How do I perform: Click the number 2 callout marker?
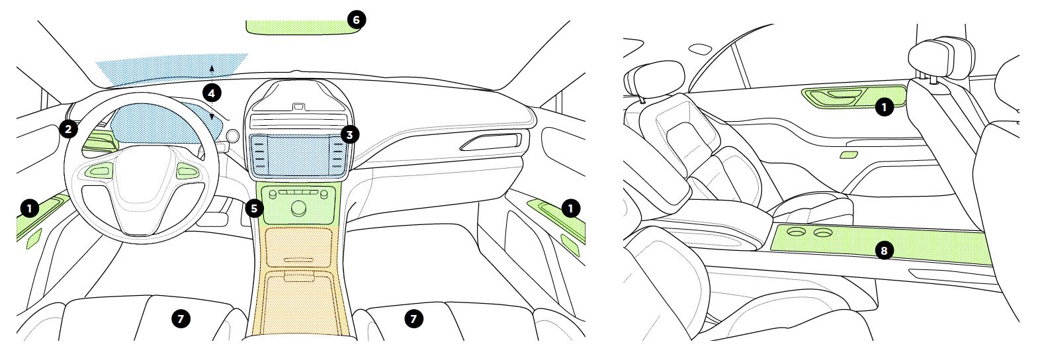(68, 129)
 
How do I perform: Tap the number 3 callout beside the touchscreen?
(350, 135)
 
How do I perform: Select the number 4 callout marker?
(212, 93)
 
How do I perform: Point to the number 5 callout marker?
(254, 208)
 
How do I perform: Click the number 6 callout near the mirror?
(357, 20)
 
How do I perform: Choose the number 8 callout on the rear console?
(884, 251)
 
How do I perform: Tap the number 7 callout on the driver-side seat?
(181, 318)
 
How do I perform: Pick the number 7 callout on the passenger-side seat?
(413, 318)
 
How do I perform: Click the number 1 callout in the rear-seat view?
(884, 108)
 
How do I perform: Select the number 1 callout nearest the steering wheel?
(30, 208)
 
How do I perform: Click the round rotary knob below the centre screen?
(299, 209)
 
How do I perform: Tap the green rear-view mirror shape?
(302, 27)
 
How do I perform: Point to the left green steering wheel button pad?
(98, 171)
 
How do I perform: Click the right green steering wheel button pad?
(187, 171)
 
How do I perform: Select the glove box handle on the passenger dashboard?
(491, 142)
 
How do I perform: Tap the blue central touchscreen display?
(299, 156)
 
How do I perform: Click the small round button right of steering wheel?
(233, 136)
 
